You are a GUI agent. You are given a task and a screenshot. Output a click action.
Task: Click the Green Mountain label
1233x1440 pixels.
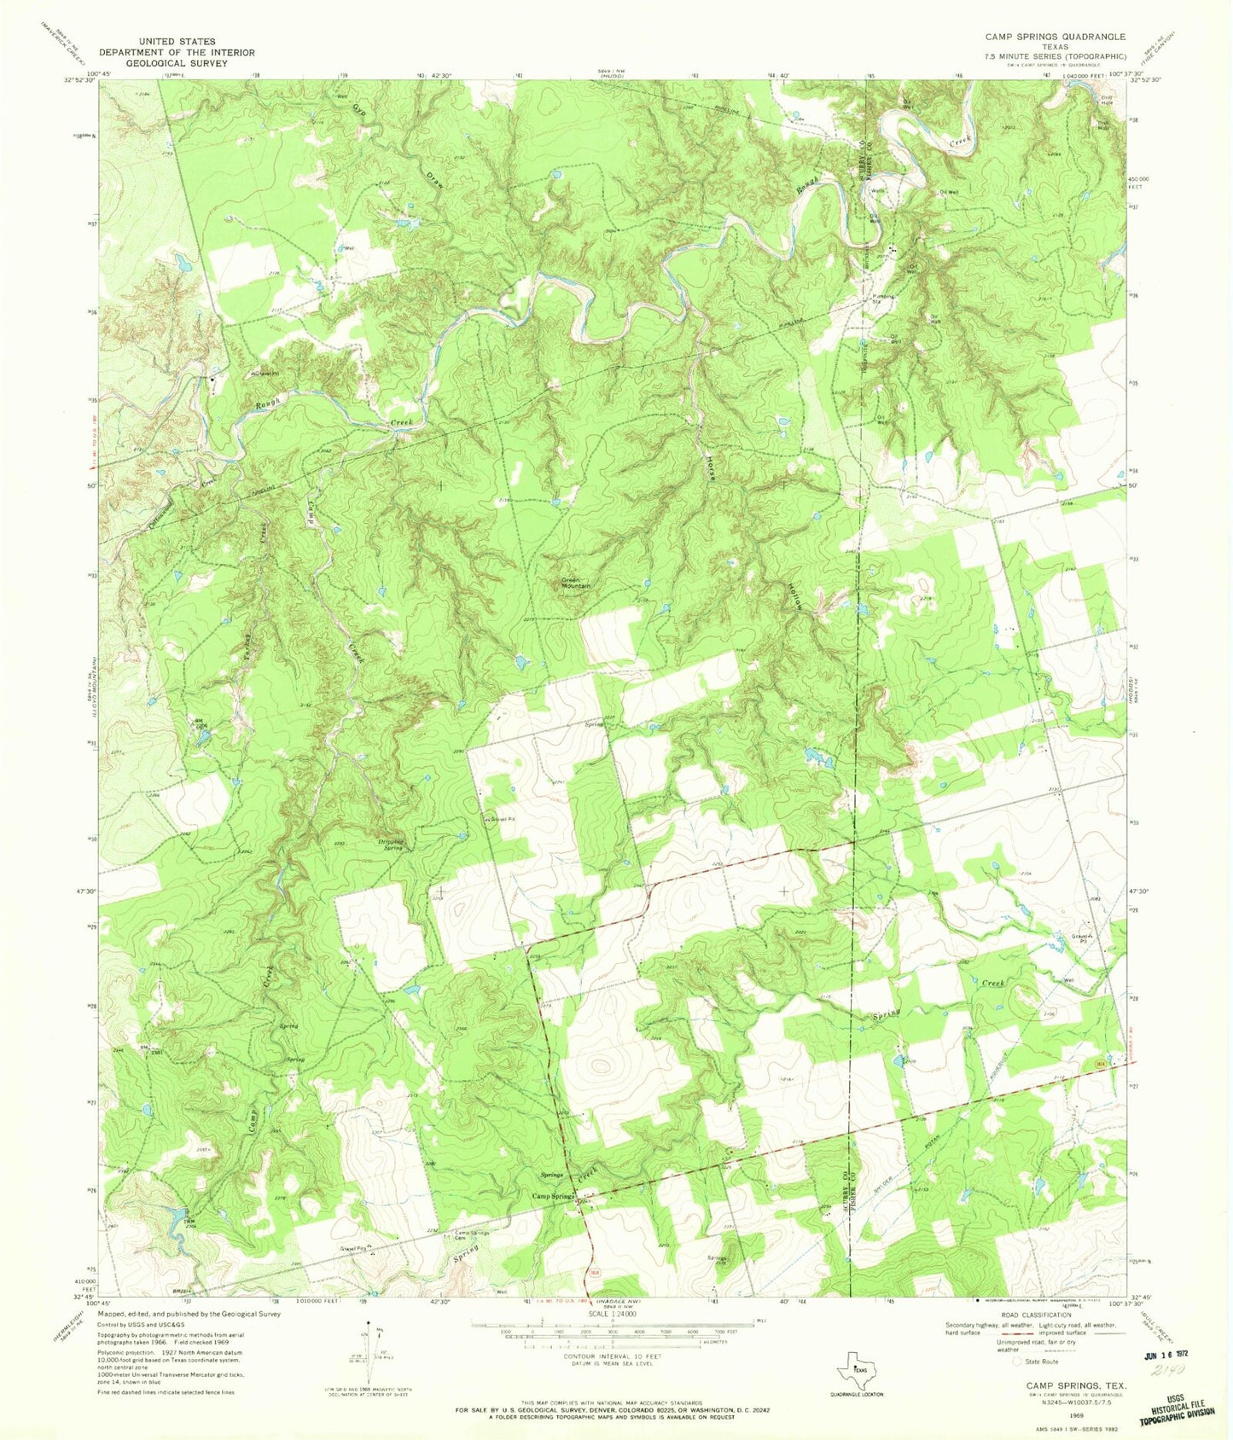coord(575,584)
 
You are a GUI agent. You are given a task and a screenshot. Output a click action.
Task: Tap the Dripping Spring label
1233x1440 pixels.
coord(391,845)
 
